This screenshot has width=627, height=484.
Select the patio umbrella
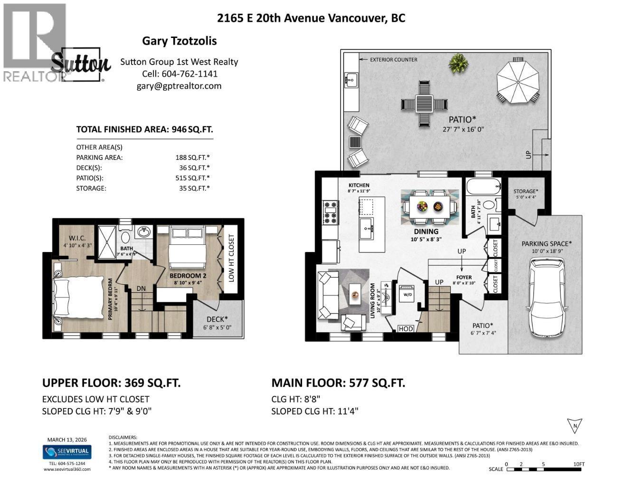pos(518,79)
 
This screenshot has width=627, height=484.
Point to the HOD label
pos(406,329)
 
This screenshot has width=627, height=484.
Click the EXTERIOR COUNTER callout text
pos(394,60)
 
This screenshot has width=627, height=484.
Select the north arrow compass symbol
pos(575,426)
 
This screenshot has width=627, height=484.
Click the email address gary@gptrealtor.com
pos(179,86)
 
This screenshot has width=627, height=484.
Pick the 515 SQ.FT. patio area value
pos(192,178)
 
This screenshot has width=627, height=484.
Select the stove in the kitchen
pos(331,213)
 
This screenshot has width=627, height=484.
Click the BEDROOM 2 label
pos(188,276)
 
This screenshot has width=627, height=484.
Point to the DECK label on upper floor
pos(217,319)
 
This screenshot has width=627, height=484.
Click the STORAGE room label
pos(525,191)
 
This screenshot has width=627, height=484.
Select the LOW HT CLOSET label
pos(231,259)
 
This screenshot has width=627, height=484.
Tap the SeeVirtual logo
pos(67,452)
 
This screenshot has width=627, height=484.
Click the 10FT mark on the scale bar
pos(578,464)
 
